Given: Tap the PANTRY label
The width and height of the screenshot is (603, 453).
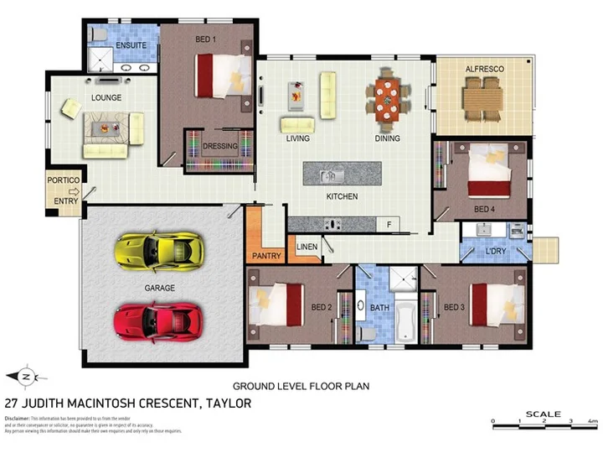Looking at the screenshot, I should (266, 254).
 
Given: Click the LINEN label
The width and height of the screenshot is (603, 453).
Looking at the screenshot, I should (307, 247).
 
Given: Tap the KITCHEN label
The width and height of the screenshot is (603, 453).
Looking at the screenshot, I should (342, 196).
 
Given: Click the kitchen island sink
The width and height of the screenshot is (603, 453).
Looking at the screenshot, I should (331, 175).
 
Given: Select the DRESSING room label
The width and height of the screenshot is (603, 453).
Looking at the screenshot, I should (220, 146).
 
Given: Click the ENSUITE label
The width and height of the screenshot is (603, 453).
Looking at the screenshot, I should (131, 45).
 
